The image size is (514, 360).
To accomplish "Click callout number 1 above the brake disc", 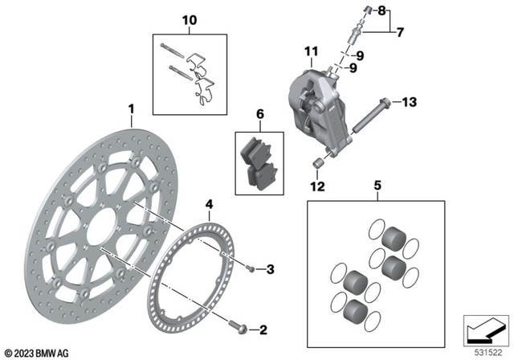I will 131,107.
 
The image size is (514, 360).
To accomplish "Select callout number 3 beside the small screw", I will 271,268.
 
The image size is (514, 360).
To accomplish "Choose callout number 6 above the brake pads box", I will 259,116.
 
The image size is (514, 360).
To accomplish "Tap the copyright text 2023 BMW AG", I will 38,352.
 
